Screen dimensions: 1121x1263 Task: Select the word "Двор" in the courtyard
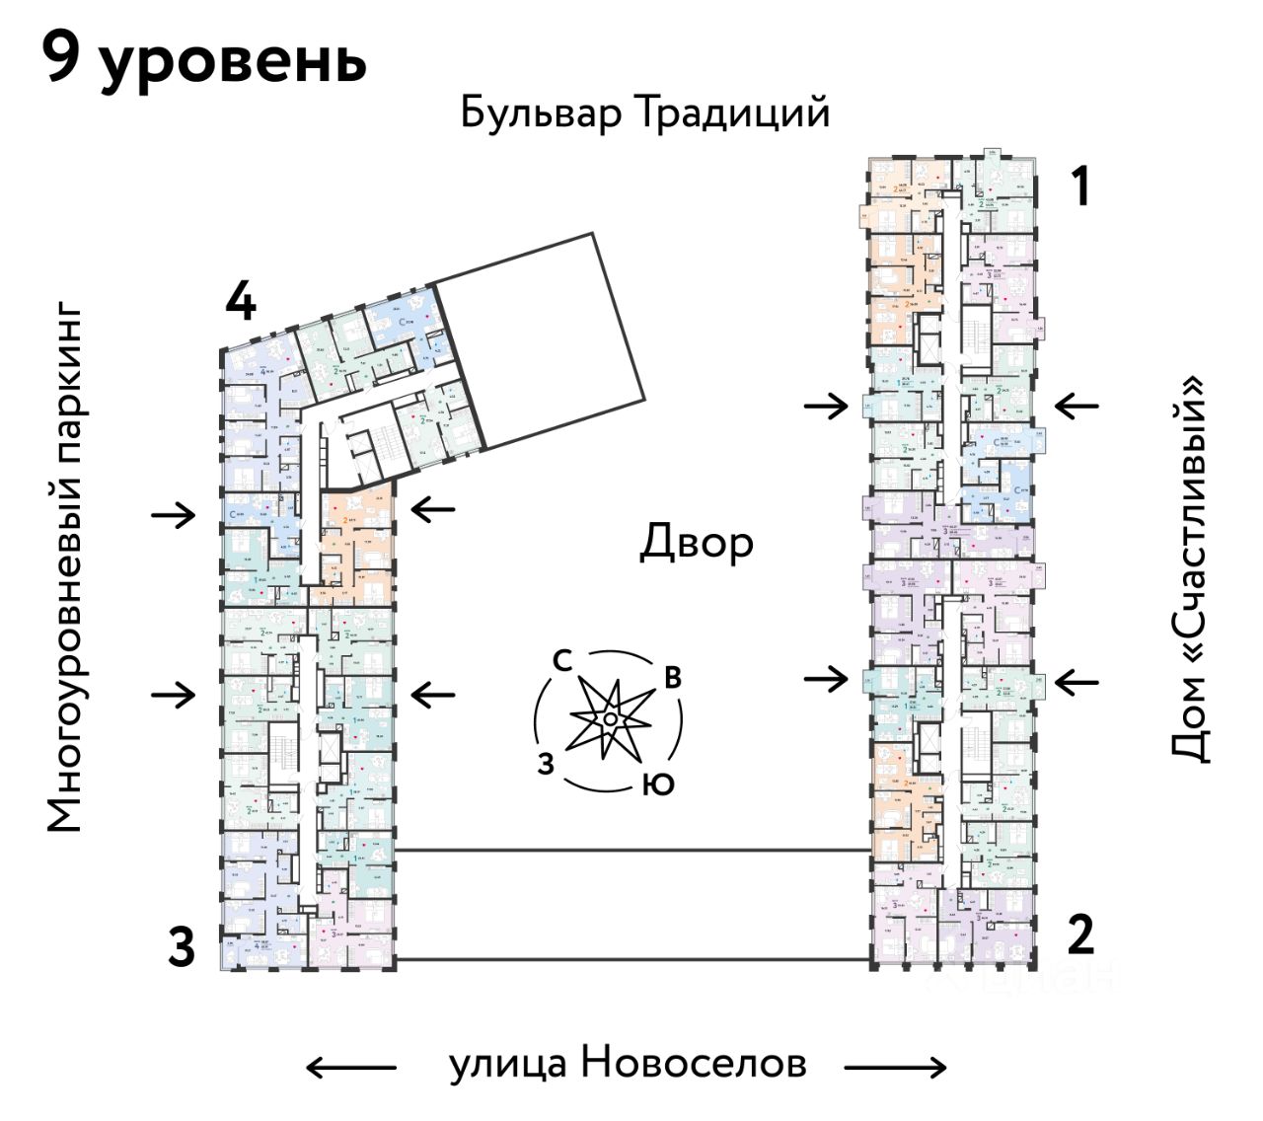tap(697, 543)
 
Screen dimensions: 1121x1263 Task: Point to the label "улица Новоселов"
tap(629, 1064)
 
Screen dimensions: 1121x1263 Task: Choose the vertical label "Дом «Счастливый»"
tap(1191, 568)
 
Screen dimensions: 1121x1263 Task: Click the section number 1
tap(1081, 187)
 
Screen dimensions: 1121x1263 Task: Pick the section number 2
tap(1081, 934)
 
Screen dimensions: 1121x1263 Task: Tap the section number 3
tap(181, 948)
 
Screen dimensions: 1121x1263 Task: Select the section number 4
tap(241, 302)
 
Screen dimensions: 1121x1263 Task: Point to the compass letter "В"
tap(673, 678)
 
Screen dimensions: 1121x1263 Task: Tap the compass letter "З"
tap(546, 763)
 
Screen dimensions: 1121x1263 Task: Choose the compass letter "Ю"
tap(658, 785)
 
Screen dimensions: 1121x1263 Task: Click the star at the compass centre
tap(611, 719)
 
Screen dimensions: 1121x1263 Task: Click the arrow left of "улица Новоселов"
tap(350, 1066)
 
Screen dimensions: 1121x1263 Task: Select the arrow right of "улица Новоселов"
tap(896, 1066)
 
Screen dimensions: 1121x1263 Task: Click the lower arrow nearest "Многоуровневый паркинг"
tap(174, 695)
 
